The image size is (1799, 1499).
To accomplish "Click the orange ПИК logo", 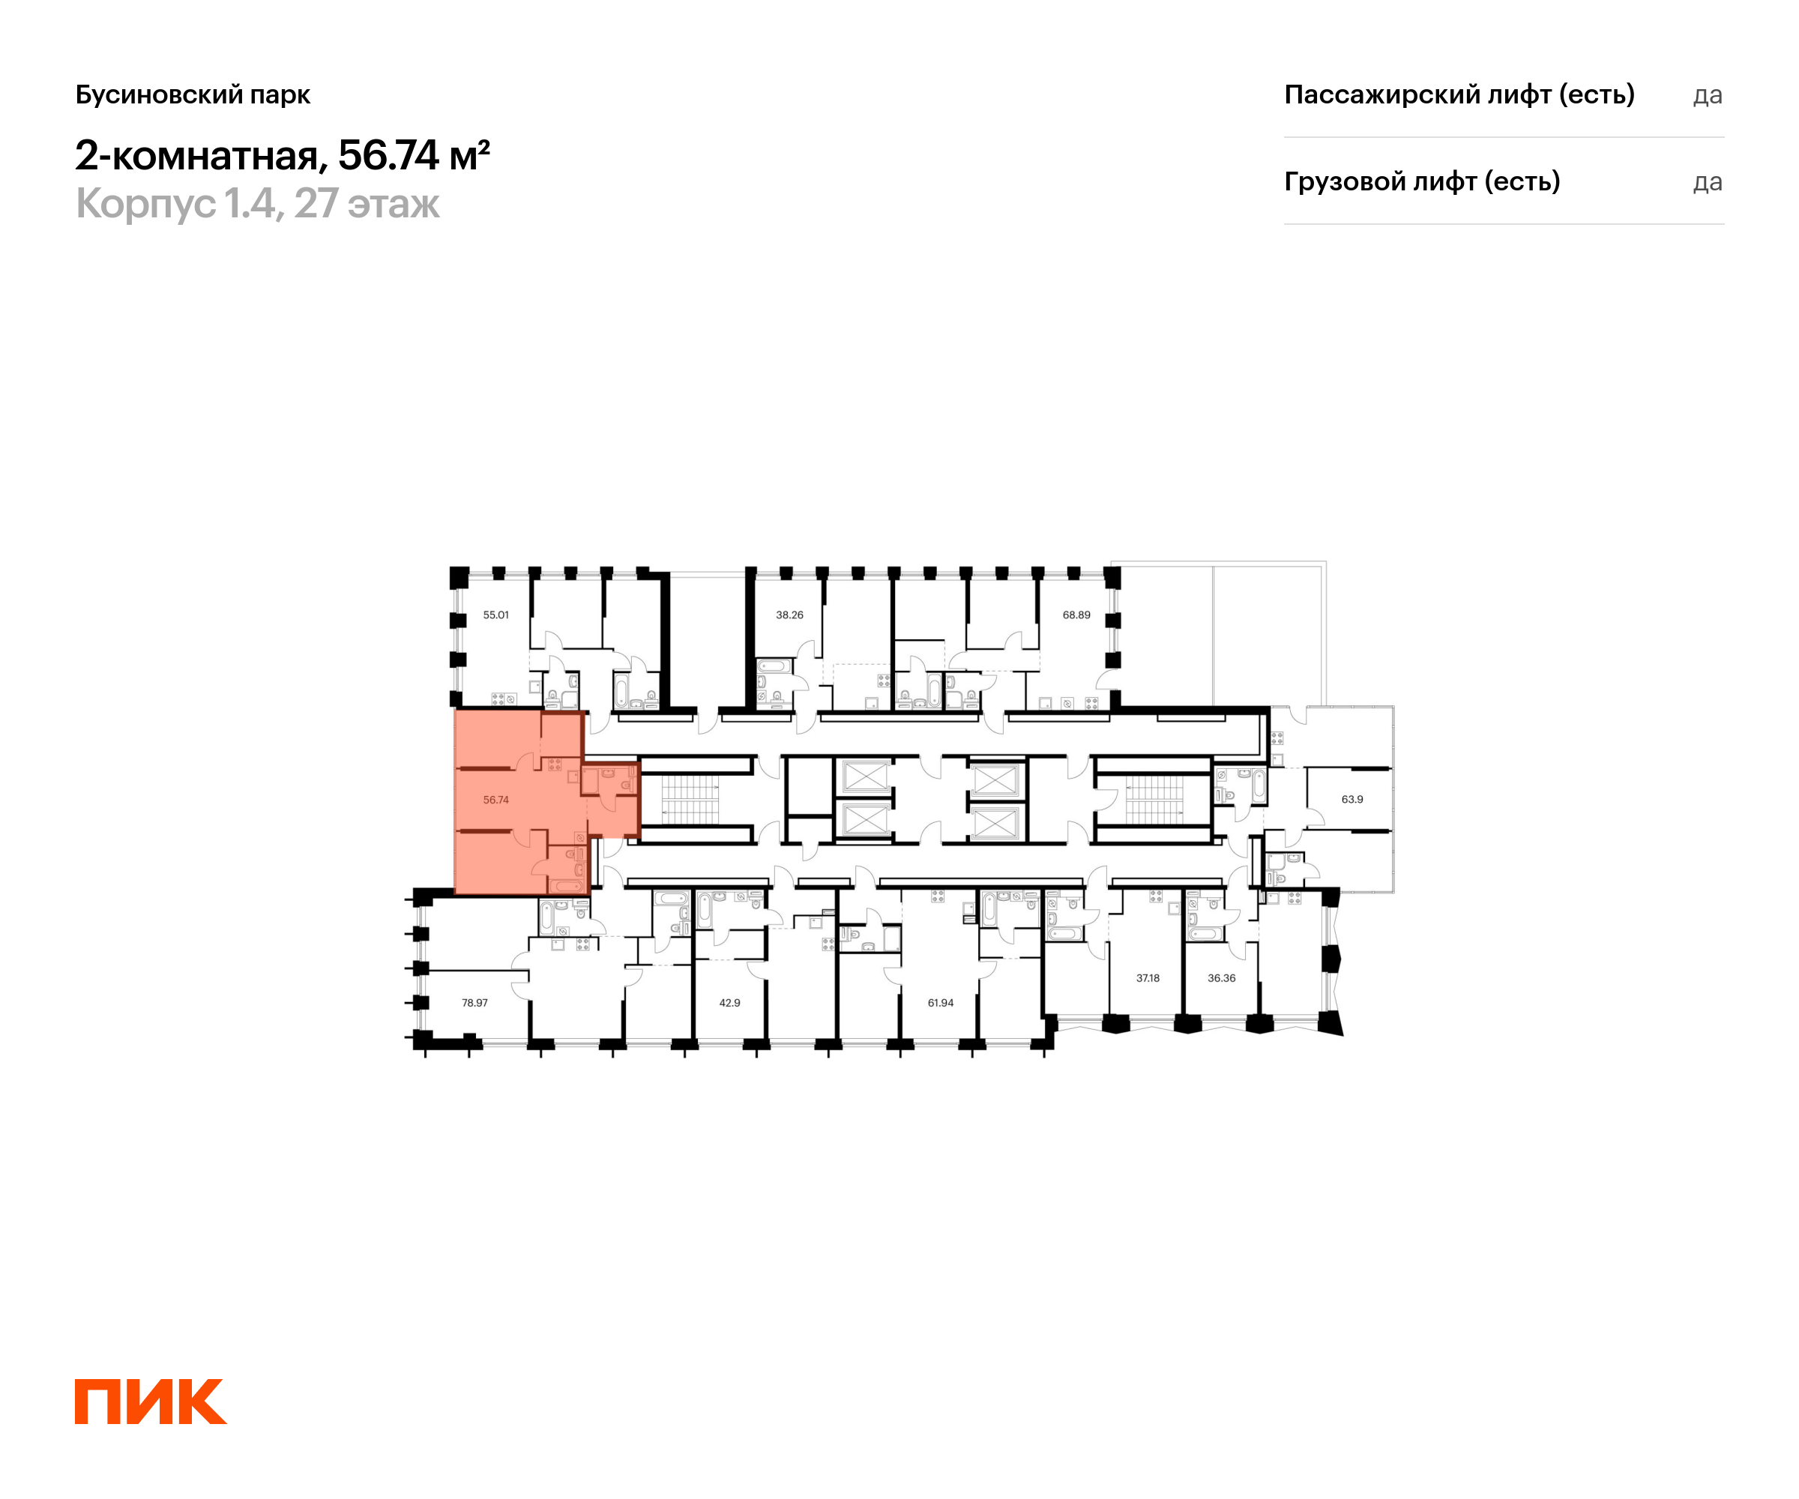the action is pos(151,1402).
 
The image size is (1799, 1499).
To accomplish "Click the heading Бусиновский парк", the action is pos(193,94).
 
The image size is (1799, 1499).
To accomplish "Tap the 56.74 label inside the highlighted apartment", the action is pos(496,800).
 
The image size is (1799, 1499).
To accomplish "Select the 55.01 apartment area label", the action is pos(496,615).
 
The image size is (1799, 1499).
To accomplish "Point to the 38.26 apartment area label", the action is pos(790,615).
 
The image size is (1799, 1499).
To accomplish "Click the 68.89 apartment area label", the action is pos(1077,615).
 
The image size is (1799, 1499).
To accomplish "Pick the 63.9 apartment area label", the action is pos(1353,799).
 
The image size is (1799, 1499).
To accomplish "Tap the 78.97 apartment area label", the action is pos(474,1002).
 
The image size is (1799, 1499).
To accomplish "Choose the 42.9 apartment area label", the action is pos(730,1002).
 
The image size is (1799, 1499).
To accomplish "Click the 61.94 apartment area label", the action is pos(941,1002).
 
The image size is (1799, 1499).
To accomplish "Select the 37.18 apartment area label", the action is pos(1148,977).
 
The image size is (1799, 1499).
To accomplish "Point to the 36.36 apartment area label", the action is pos(1222,977).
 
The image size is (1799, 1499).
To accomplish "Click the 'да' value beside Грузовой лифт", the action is pos(1708,182).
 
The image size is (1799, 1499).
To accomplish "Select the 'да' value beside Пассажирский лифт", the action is pos(1708,95).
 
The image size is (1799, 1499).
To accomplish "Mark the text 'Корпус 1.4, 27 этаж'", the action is pos(258,205).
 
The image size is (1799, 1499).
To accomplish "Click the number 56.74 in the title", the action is pos(389,155).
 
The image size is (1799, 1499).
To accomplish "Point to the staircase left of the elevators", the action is pos(690,799).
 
